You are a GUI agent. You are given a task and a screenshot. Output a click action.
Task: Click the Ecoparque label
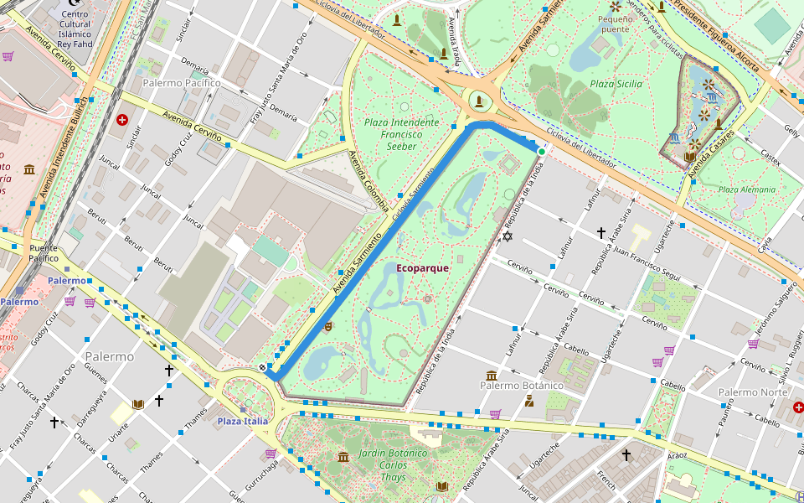(x=422, y=268)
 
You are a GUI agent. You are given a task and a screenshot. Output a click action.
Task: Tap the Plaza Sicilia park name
(x=616, y=84)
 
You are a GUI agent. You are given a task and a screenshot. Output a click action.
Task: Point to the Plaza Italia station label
(x=243, y=421)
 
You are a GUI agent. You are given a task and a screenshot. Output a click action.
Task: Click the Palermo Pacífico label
(x=181, y=83)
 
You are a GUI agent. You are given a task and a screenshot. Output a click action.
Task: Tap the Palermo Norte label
(x=750, y=392)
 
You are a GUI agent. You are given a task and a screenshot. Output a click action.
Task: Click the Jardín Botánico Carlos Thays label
(x=393, y=465)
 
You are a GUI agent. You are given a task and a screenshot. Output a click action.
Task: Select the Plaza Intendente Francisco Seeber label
(x=401, y=133)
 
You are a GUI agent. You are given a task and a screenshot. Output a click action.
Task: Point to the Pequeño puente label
(x=614, y=23)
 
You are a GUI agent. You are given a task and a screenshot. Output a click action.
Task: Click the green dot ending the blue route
(x=542, y=152)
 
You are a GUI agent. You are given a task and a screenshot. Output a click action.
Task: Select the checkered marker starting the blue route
(x=264, y=367)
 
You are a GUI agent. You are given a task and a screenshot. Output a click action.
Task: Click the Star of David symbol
(x=507, y=236)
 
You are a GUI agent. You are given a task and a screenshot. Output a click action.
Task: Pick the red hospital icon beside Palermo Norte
(x=797, y=407)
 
